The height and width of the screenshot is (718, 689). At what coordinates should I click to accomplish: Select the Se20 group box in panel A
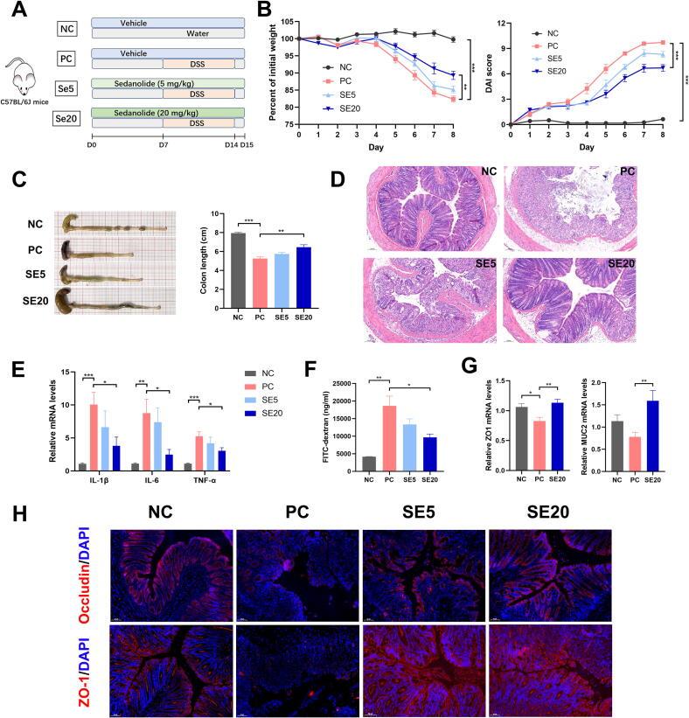click(66, 119)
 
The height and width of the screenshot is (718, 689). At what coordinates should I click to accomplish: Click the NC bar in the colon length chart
click(238, 267)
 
